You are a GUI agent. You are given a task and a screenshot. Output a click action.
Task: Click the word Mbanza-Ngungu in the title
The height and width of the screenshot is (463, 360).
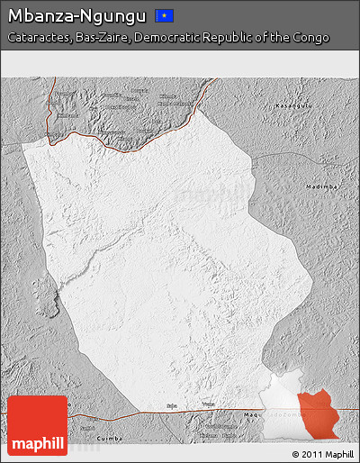pyautogui.click(x=76, y=15)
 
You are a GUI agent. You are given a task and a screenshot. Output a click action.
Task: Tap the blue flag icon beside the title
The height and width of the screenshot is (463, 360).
pyautogui.click(x=165, y=15)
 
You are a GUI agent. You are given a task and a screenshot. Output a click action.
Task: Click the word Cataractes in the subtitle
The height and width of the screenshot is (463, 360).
pyautogui.click(x=37, y=38)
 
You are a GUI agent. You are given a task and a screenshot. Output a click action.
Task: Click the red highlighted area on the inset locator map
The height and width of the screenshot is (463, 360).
pyautogui.click(x=320, y=415)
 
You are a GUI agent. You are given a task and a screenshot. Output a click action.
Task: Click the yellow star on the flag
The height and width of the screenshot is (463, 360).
pyautogui.click(x=166, y=15)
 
